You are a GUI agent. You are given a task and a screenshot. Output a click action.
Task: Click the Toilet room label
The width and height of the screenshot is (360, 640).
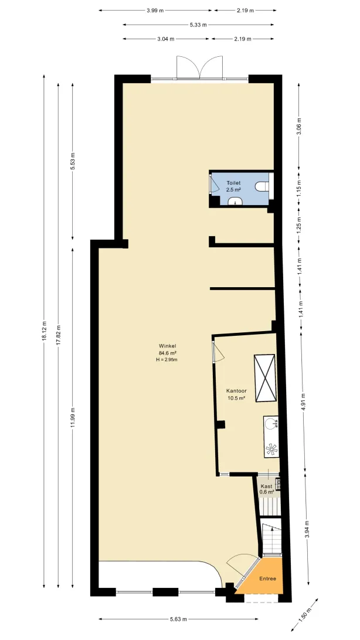point(234,183)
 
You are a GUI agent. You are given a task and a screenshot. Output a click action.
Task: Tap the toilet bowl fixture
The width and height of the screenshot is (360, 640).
point(262,187)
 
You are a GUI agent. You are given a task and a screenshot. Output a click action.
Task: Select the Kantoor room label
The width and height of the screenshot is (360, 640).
point(236,390)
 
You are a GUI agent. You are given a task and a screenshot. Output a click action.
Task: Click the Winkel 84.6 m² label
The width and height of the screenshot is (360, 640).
point(168,350)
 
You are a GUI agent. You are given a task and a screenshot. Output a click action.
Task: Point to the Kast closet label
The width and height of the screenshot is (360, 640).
point(267,486)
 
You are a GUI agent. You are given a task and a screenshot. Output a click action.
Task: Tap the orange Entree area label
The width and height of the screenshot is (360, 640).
point(268,578)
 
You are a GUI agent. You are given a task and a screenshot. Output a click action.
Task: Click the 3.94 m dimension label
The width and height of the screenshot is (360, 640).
point(307,530)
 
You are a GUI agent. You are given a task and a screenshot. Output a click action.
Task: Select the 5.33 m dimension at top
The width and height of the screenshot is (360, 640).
point(198,25)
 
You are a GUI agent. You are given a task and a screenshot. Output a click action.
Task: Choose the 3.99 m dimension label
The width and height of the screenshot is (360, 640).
point(155,10)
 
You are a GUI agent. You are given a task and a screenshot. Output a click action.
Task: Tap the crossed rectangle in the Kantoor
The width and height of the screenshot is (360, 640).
point(265,378)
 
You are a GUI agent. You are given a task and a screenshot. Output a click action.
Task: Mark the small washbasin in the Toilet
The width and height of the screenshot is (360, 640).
point(235,200)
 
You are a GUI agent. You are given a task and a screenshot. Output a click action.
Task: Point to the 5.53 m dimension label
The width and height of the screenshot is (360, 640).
point(73,161)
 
